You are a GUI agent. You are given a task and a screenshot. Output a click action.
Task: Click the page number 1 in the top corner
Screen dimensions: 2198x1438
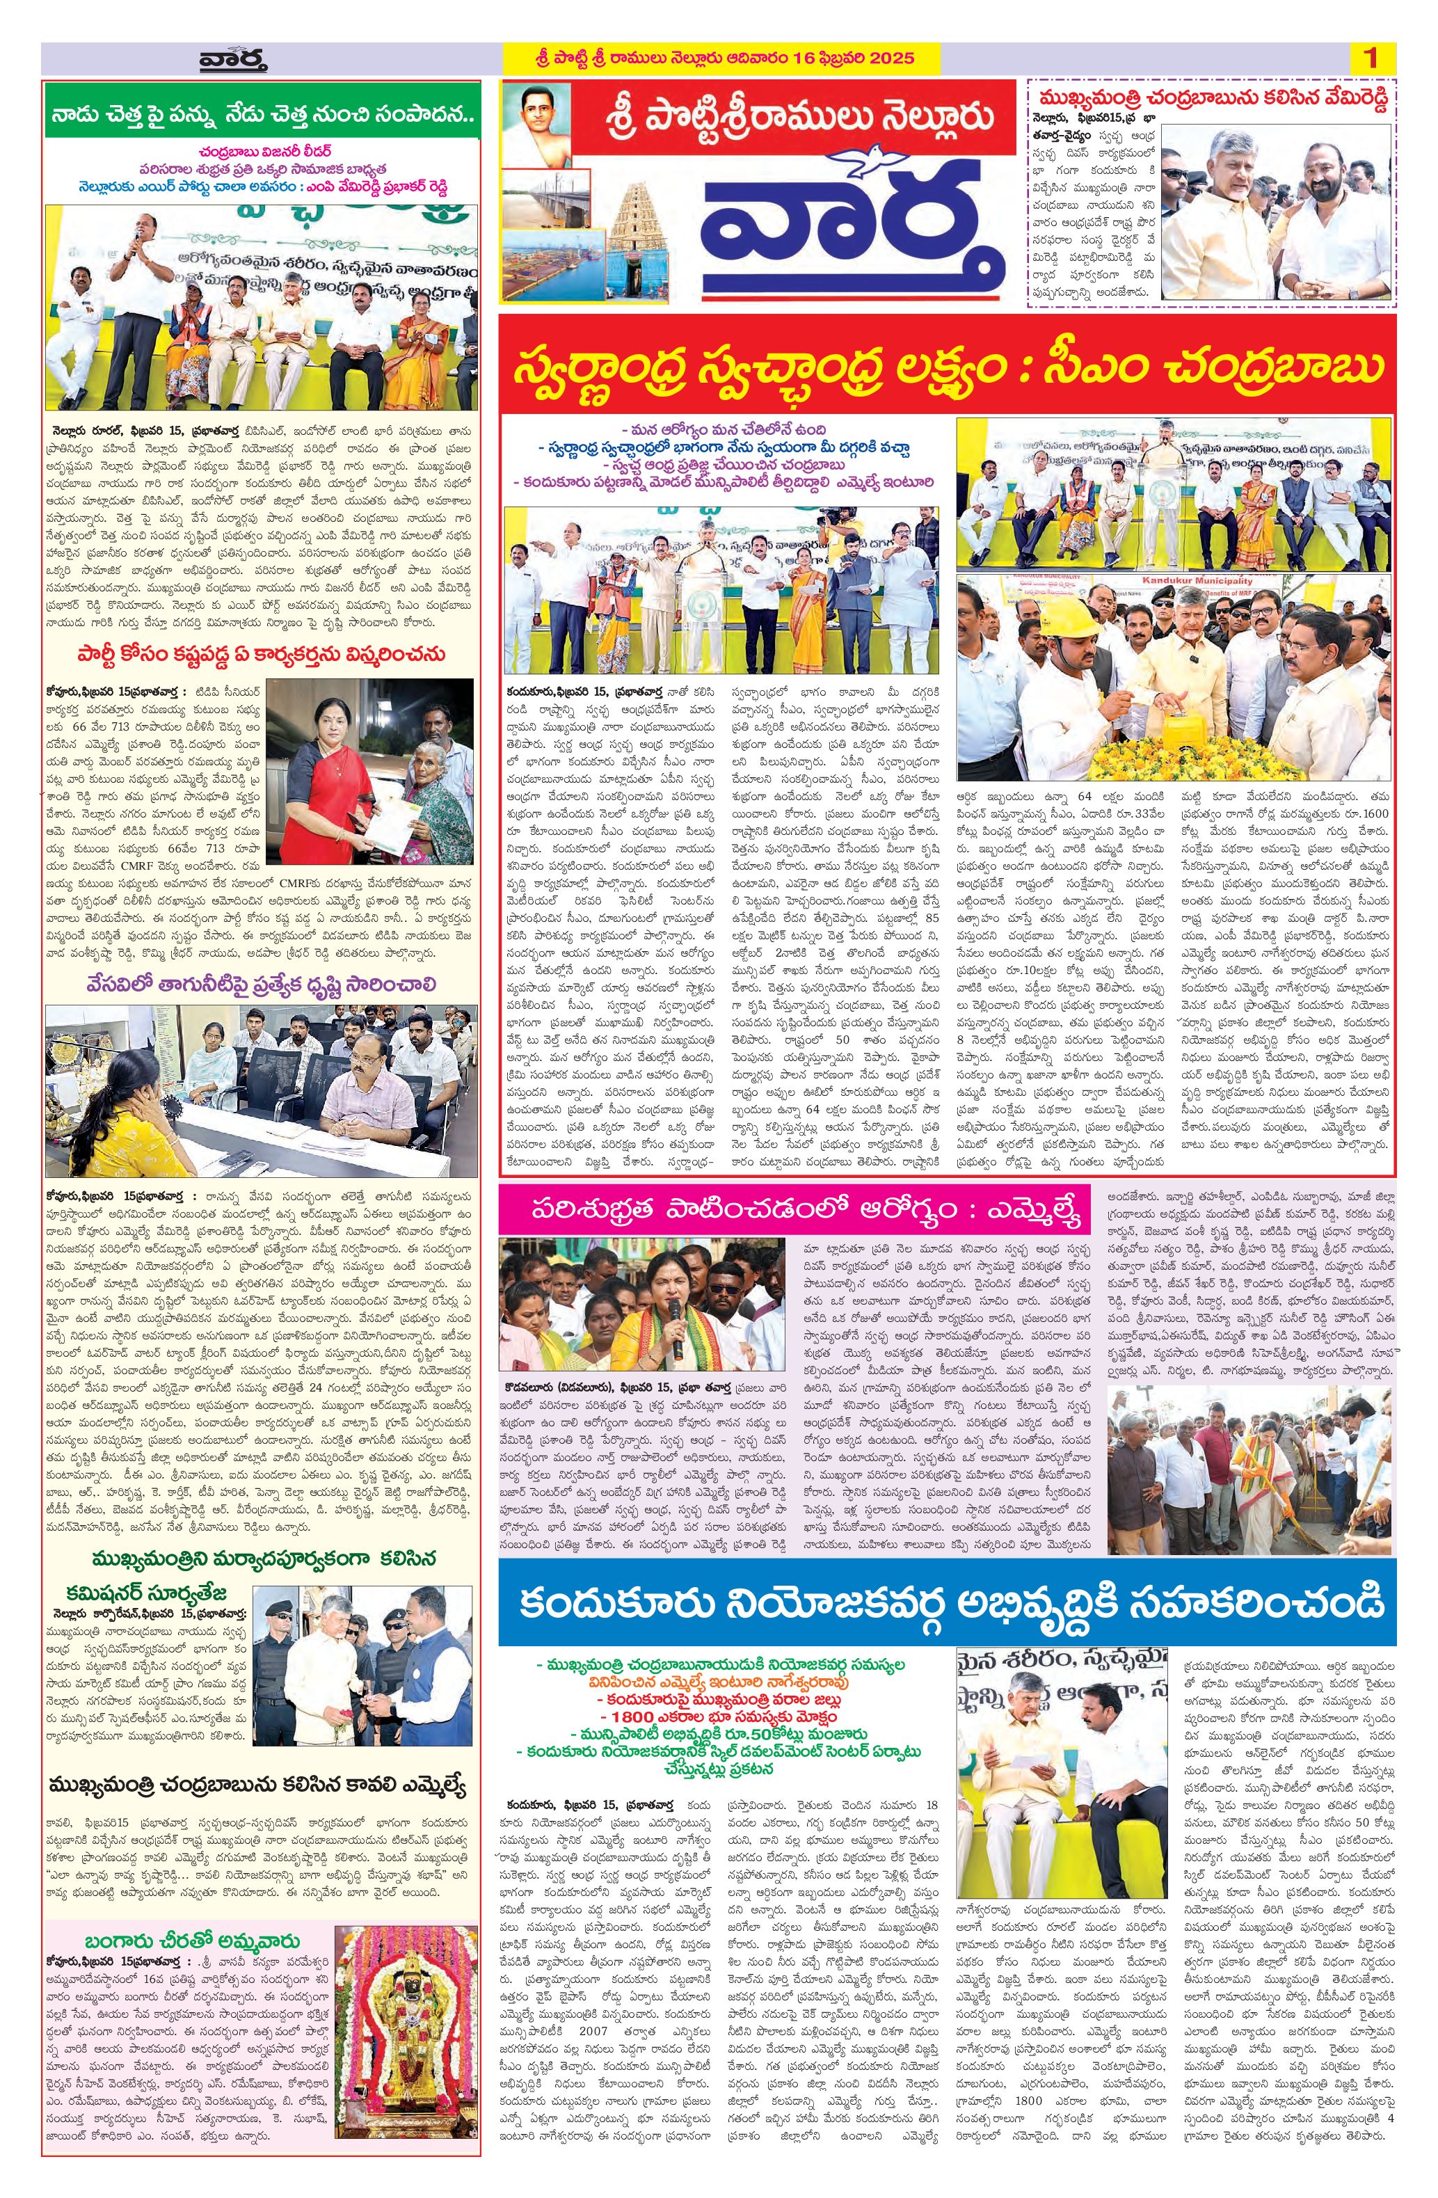1370,58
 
